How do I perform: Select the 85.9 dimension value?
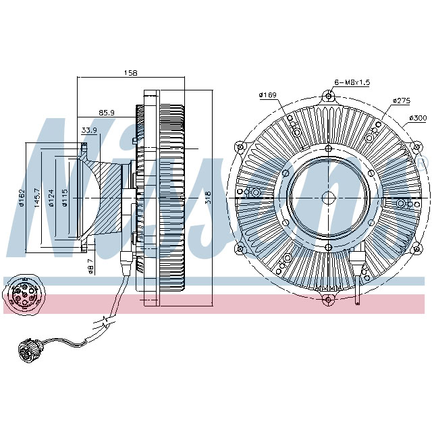tap(107, 112)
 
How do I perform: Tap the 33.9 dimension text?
tap(88, 130)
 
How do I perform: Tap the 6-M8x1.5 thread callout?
tap(352, 82)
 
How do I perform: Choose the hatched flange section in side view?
tap(105, 196)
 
